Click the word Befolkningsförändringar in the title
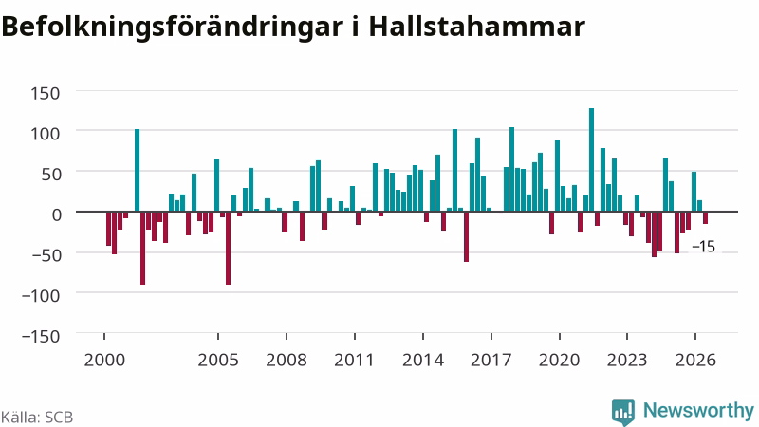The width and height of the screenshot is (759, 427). (x=173, y=28)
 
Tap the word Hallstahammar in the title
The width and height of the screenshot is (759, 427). (x=477, y=27)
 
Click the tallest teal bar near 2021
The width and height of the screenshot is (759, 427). (x=591, y=159)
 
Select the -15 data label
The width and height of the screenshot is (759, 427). (x=703, y=247)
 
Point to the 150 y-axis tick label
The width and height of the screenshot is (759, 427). (x=45, y=93)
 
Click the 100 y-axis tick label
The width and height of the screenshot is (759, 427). (x=45, y=133)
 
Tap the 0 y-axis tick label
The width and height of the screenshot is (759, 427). (x=57, y=214)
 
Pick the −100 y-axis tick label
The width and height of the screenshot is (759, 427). (x=41, y=295)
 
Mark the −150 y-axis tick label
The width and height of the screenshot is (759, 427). (x=41, y=336)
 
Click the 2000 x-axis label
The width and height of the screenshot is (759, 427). (x=104, y=360)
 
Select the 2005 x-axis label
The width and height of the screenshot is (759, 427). (x=218, y=360)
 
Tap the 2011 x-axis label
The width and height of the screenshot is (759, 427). (x=354, y=360)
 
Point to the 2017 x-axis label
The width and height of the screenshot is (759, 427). (x=491, y=360)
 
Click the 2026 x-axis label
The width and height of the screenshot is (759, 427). (x=695, y=360)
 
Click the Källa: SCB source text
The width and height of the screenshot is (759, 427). (x=37, y=418)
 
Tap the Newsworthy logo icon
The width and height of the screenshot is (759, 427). (x=623, y=412)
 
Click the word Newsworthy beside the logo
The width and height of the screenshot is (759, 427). (x=698, y=411)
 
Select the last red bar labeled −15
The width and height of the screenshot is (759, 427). (x=705, y=218)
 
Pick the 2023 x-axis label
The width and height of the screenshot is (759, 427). (x=627, y=360)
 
